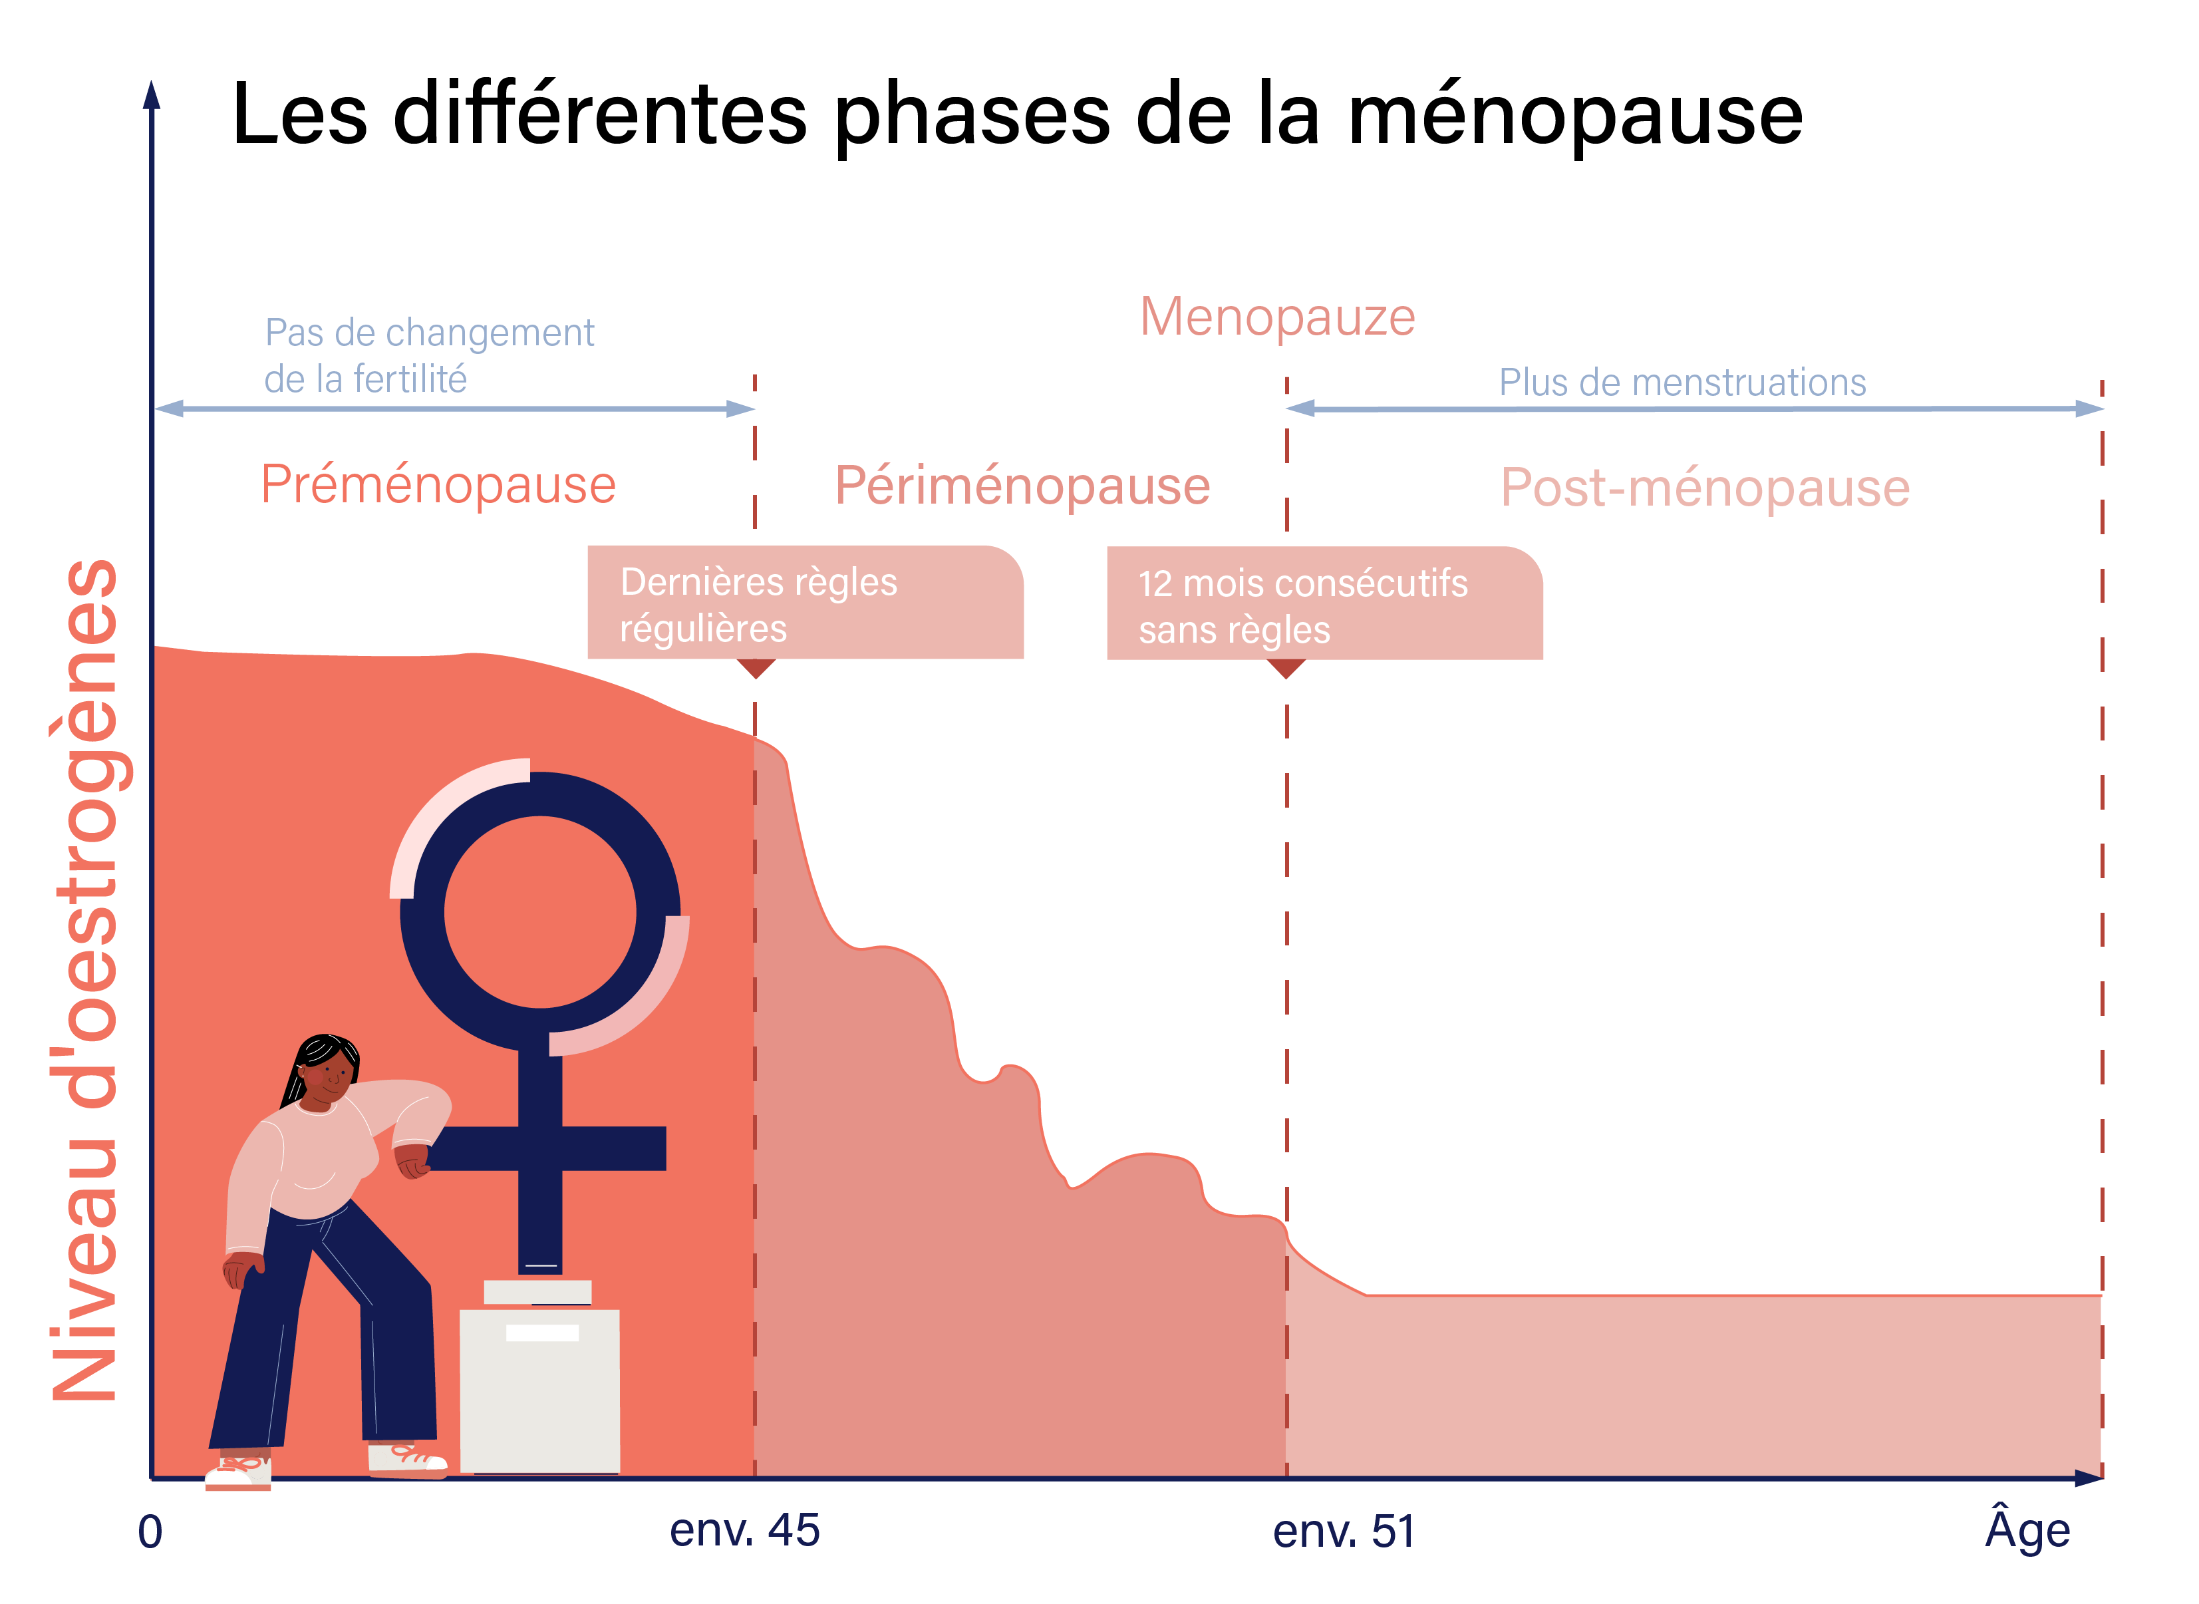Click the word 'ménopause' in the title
pos(1574,114)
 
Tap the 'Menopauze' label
pos(1278,317)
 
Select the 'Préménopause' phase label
pos(438,484)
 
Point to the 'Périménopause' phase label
pos(1022,486)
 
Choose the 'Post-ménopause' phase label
pos(1705,488)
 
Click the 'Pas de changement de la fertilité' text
pos(428,355)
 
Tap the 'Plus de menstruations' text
pos(1682,383)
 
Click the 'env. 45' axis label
pos(745,1530)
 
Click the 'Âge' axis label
pos(2027,1530)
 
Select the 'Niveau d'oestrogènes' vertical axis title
pos(85,981)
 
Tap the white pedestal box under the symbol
pos(540,1390)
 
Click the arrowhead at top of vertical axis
pos(152,95)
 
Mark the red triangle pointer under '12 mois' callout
pos(1286,668)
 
